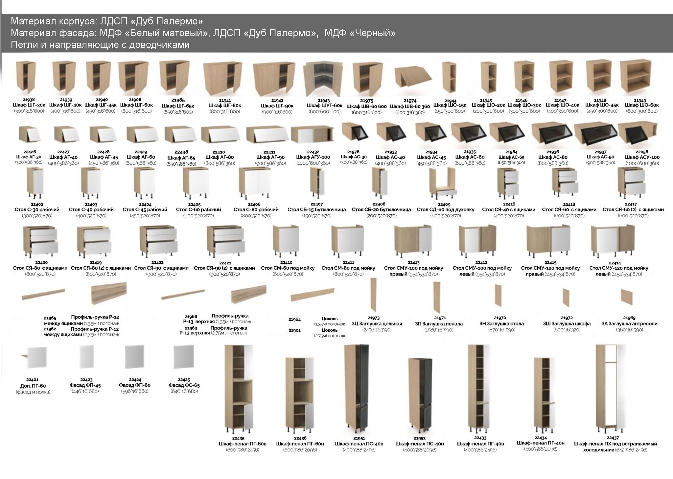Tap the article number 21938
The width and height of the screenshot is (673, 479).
(x=29, y=100)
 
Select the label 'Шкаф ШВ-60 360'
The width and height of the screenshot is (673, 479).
(x=410, y=107)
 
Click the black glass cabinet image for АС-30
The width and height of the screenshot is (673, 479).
(x=354, y=134)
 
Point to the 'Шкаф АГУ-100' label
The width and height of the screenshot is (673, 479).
(x=313, y=157)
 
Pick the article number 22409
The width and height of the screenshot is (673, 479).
(x=444, y=204)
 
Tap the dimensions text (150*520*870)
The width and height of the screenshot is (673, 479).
(x=316, y=216)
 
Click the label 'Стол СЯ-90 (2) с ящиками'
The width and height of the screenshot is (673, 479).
(x=224, y=268)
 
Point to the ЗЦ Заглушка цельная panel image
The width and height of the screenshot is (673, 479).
(x=373, y=294)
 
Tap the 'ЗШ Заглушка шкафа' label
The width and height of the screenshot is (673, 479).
(x=567, y=324)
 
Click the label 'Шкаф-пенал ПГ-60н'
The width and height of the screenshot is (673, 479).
(x=300, y=444)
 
